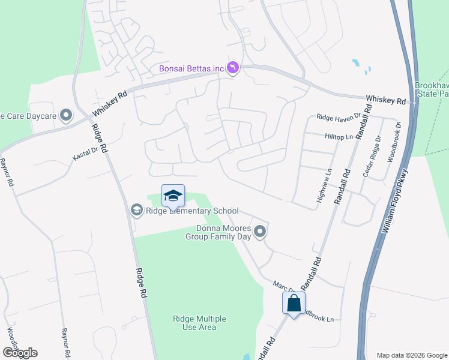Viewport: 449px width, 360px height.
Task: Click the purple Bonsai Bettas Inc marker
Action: [x=234, y=68]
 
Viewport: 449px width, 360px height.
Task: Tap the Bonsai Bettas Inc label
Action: [x=191, y=68]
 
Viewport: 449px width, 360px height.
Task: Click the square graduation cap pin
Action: [x=173, y=196]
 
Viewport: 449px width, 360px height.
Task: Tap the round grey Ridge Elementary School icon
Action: [x=137, y=209]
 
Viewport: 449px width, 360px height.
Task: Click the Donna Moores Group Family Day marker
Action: [x=260, y=231]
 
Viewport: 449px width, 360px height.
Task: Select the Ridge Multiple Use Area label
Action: [x=195, y=323]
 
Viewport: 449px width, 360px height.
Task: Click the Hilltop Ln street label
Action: [x=339, y=137]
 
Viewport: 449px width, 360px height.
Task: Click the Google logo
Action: [x=20, y=353]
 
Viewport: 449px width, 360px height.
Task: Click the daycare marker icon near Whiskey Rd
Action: [x=66, y=114]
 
